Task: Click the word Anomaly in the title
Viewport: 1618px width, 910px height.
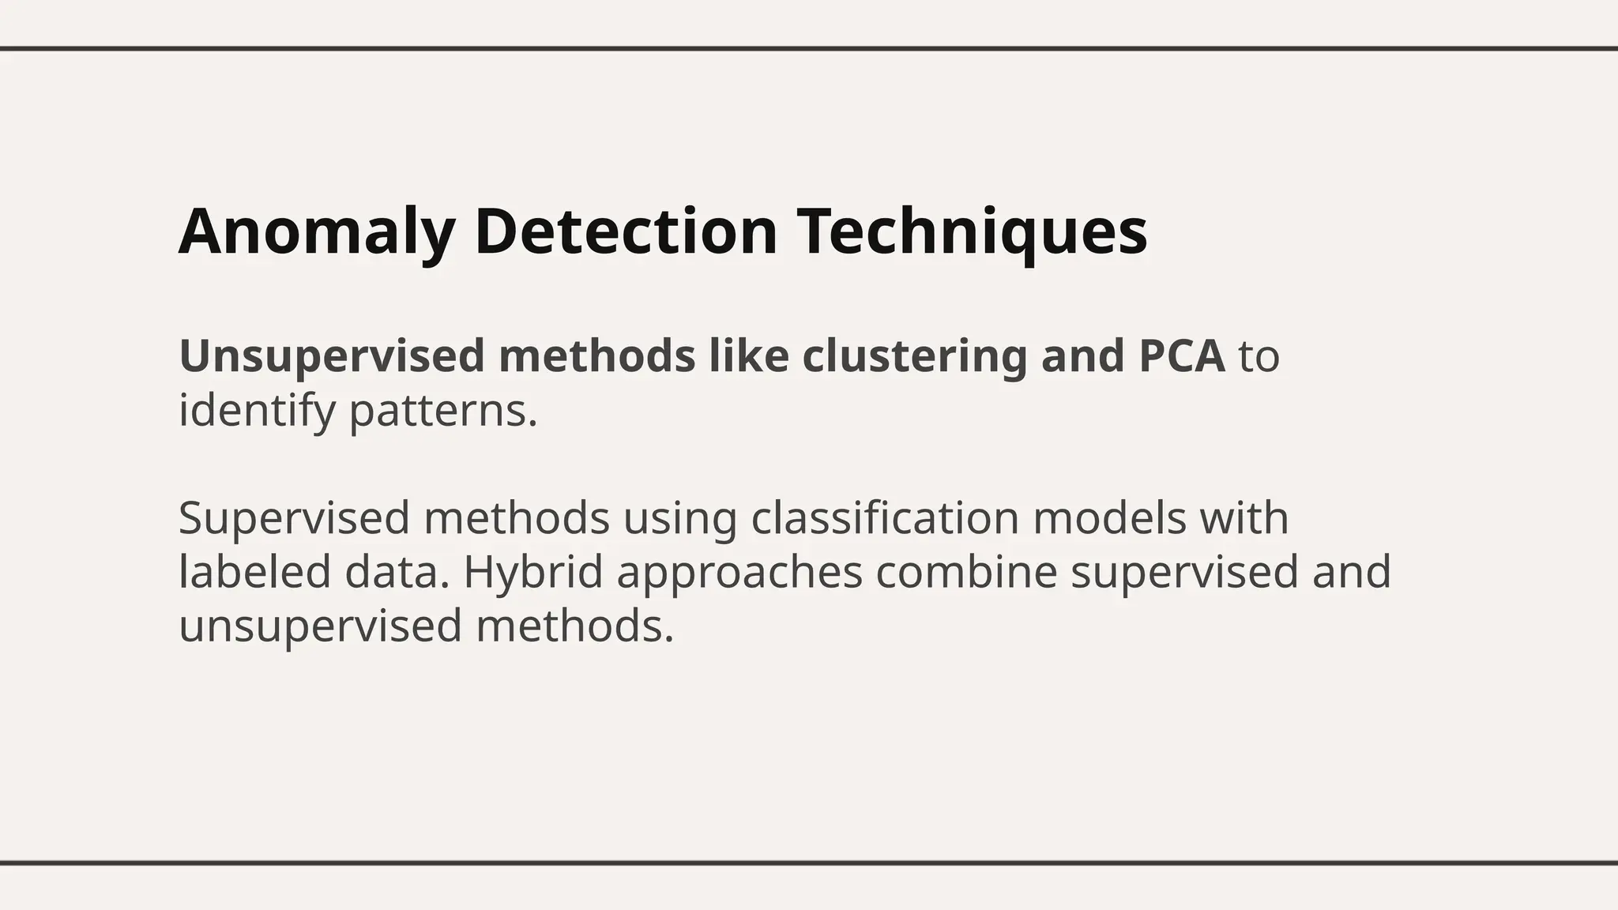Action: (x=316, y=231)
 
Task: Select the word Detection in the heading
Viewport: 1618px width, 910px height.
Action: (x=627, y=231)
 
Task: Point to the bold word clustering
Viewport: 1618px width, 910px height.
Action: (x=914, y=356)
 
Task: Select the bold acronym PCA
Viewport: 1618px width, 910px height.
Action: (x=1182, y=356)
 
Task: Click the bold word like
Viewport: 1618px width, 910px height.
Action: (x=748, y=356)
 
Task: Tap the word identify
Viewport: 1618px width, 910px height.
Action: (x=257, y=412)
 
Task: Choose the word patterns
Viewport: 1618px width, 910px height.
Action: (x=443, y=412)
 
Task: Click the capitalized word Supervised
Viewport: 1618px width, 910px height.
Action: (x=294, y=519)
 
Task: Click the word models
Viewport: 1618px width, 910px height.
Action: (x=1109, y=519)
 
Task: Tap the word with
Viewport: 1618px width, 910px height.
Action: (x=1244, y=519)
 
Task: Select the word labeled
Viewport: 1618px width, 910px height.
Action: (x=254, y=573)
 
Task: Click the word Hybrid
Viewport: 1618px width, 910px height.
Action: (x=533, y=573)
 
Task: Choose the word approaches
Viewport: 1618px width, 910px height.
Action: (x=739, y=573)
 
